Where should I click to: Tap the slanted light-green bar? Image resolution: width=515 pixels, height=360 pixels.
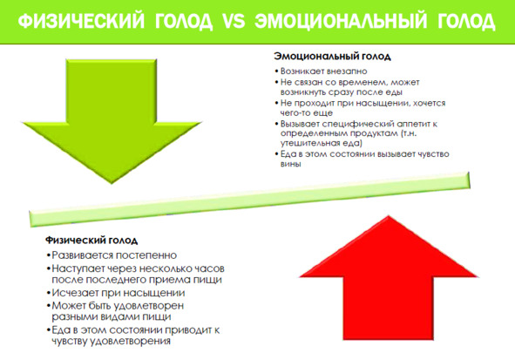(x=249, y=200)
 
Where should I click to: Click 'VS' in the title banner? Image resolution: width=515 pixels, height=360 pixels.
(x=234, y=21)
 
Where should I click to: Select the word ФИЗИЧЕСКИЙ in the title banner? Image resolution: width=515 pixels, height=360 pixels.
(x=81, y=21)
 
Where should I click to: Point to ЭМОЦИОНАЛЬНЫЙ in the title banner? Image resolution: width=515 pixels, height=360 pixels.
(x=341, y=21)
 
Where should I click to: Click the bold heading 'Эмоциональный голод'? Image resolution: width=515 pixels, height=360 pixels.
(x=332, y=57)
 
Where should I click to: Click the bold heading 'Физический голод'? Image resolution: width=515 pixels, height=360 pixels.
(x=91, y=240)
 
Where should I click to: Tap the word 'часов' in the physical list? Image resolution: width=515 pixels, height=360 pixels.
(x=209, y=268)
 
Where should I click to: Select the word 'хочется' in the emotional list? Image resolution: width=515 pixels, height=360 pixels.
(x=429, y=103)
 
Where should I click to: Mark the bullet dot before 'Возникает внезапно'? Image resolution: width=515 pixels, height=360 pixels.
(x=276, y=71)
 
